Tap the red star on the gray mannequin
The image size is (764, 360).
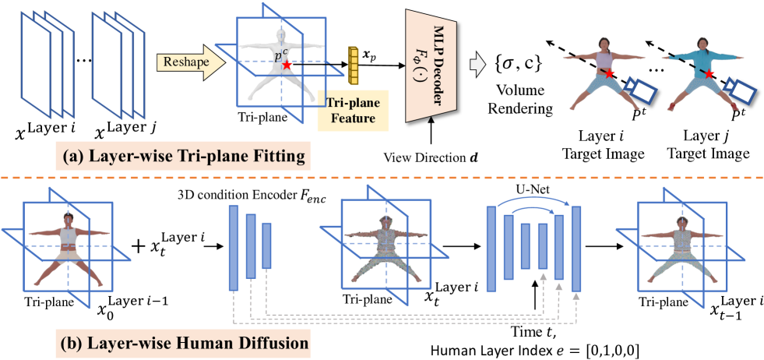[x=287, y=65]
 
